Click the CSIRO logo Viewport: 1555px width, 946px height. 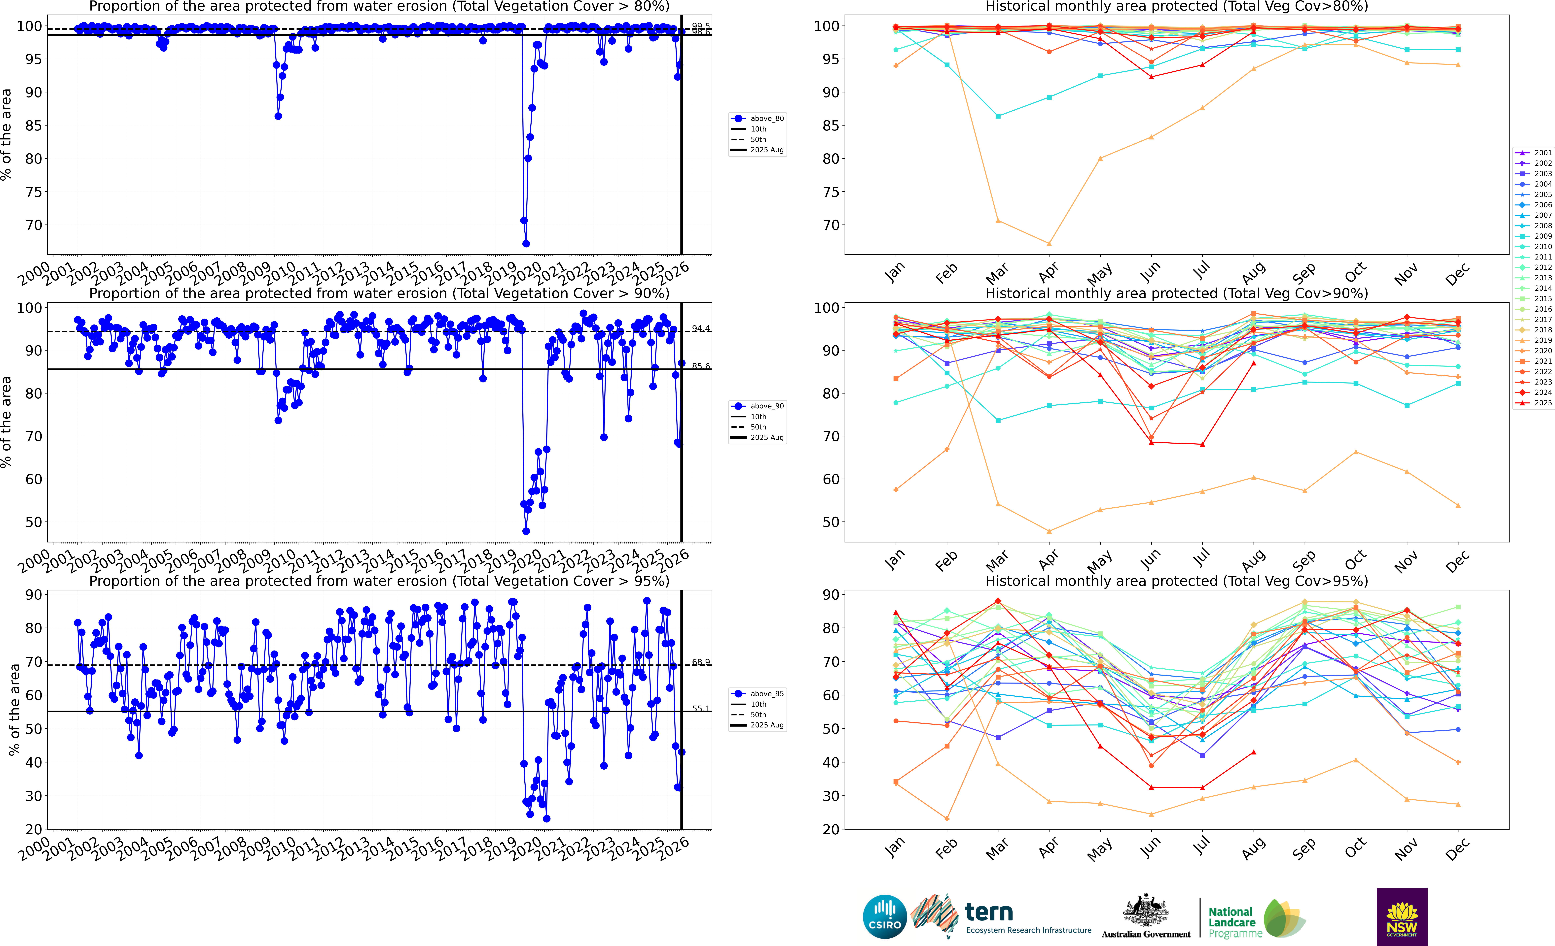click(x=884, y=916)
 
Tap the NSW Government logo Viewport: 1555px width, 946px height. click(x=1402, y=916)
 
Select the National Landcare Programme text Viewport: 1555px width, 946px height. click(x=1234, y=922)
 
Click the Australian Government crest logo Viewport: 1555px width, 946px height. click(x=1145, y=911)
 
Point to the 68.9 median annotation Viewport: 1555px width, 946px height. click(x=700, y=662)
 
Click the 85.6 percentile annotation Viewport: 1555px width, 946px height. click(x=700, y=366)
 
